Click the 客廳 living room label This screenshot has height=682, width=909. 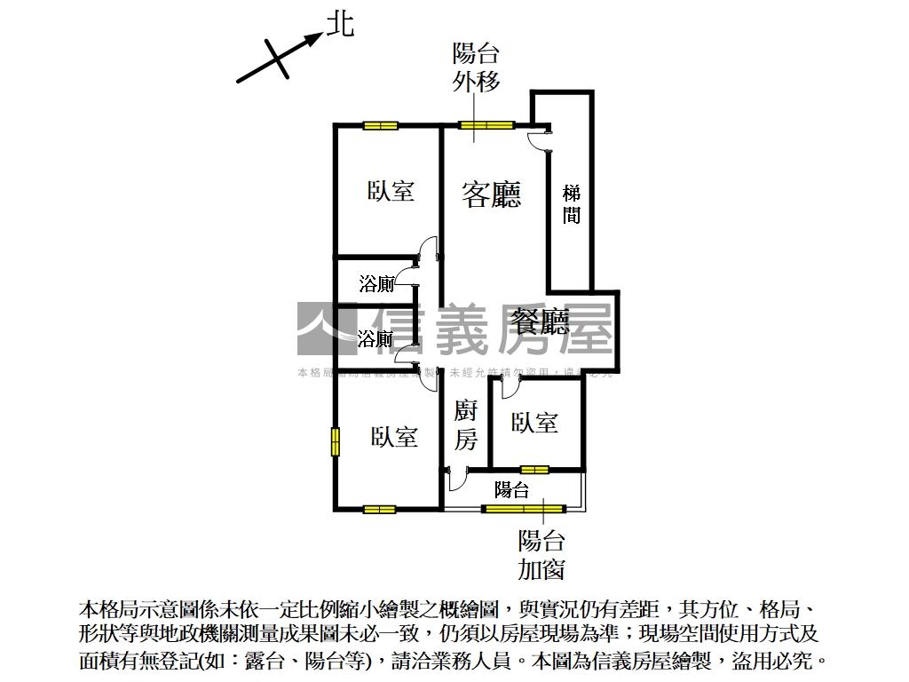point(491,194)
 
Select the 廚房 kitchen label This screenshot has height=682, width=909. point(466,424)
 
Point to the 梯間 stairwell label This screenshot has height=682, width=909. point(572,203)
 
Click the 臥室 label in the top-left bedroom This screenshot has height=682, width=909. point(391,191)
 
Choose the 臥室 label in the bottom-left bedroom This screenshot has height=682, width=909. point(394,436)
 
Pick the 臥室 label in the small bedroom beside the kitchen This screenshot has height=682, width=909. point(534,423)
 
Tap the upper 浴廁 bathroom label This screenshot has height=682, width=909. point(376,285)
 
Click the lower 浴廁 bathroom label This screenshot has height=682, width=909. point(375,339)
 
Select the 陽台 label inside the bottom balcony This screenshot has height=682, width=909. point(511,489)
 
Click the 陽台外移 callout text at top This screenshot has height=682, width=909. point(477,67)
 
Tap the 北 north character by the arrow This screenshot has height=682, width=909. point(340,24)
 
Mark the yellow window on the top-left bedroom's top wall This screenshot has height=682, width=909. point(379,125)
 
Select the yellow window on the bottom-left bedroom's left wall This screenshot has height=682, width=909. point(336,442)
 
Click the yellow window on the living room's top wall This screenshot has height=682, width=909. point(486,125)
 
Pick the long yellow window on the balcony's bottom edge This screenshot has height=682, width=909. point(524,509)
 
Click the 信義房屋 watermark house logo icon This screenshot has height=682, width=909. point(327,329)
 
